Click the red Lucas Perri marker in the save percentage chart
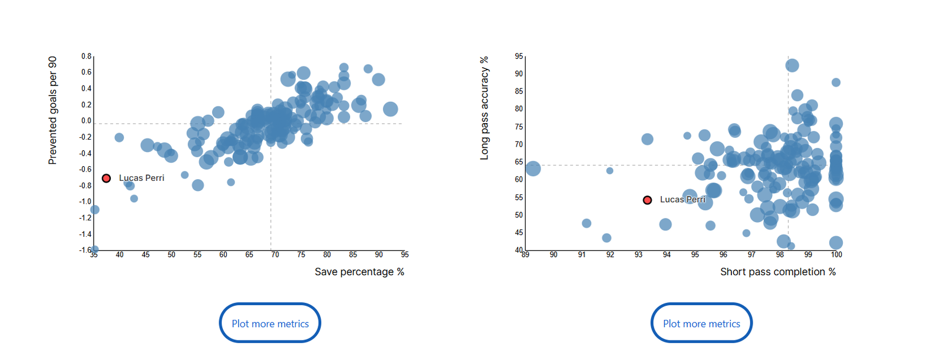[x=106, y=178]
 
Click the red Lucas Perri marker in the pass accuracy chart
[x=647, y=200]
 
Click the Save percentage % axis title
[x=359, y=272]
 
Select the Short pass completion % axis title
[x=777, y=272]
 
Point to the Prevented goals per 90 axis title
[x=52, y=110]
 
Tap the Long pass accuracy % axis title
[x=484, y=108]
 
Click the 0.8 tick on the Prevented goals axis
[x=86, y=57]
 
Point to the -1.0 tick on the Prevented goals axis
[x=85, y=202]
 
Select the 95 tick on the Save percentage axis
[x=404, y=255]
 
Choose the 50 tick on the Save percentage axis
[x=172, y=255]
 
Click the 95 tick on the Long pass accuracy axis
[x=519, y=57]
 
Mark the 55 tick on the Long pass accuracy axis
[x=519, y=197]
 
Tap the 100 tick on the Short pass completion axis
[x=836, y=255]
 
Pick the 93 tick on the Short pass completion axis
[x=638, y=255]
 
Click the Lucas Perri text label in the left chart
[x=141, y=178]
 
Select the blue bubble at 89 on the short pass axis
[x=532, y=169]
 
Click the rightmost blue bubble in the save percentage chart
[x=390, y=109]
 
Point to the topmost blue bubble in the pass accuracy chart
[x=792, y=65]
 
